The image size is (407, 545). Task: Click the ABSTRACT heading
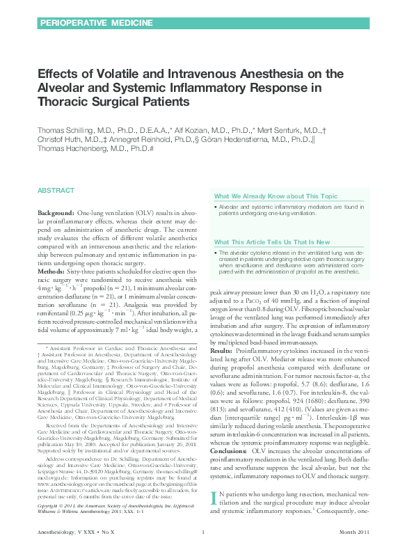[x=56, y=190]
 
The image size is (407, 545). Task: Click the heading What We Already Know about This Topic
[x=276, y=197]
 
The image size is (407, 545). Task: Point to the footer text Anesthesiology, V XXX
[x=65, y=533]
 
